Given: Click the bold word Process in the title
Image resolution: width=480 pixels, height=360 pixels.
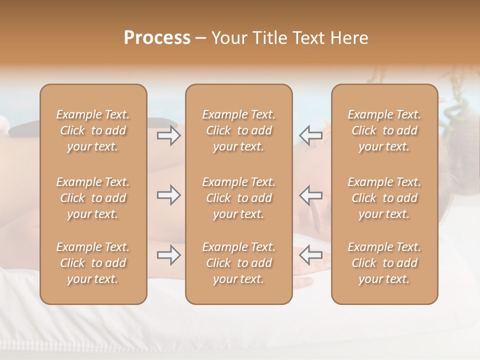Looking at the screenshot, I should [157, 38].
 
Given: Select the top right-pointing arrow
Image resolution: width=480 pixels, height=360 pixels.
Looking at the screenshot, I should [168, 135].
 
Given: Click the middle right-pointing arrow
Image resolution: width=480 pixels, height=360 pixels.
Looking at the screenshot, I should [168, 194].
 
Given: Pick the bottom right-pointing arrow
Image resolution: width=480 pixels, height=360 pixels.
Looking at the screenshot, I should [168, 255].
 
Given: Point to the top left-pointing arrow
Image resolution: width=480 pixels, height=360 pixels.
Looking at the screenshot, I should [311, 135].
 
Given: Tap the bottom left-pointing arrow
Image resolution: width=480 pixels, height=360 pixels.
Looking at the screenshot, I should [311, 255].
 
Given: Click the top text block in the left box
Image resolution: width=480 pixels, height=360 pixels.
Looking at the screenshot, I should [93, 130].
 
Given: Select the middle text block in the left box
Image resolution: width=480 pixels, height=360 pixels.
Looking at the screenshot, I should [93, 198].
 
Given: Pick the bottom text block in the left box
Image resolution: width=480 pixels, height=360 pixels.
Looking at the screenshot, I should [93, 263].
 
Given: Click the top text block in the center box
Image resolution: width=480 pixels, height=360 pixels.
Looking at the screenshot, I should [239, 130].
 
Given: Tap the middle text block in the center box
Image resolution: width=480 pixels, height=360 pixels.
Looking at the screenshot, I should [239, 198].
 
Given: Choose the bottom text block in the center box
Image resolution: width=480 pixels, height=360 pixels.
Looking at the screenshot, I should [239, 263].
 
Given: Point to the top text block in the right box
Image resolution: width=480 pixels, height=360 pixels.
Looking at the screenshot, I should [384, 130].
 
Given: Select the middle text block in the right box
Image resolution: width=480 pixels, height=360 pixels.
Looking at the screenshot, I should [384, 198].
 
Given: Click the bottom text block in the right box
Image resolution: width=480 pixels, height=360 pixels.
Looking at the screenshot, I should [384, 263].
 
